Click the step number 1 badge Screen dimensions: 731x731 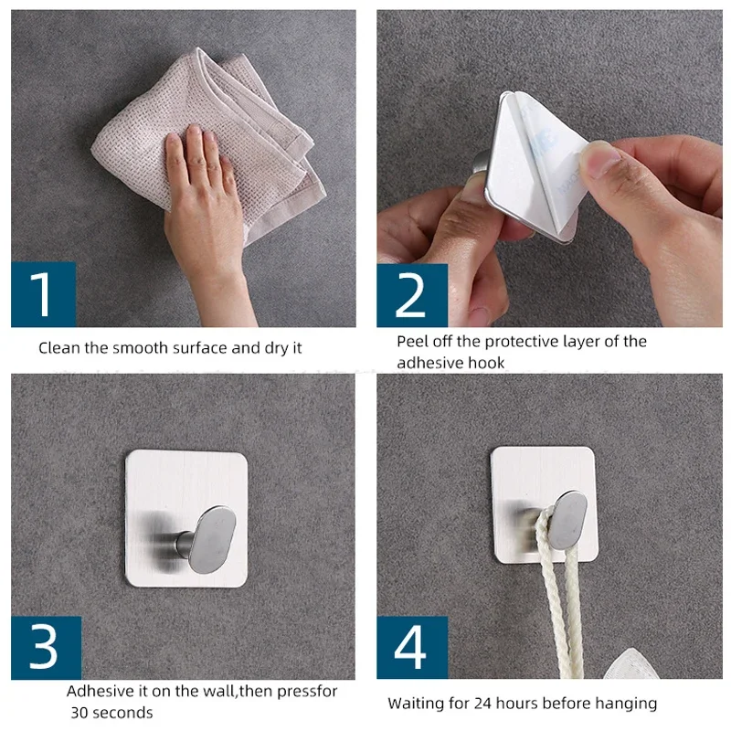pyautogui.click(x=43, y=294)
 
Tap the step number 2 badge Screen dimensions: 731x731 pyautogui.click(x=412, y=295)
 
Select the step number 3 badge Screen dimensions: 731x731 pyautogui.click(x=47, y=648)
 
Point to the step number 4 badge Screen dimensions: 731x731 pyautogui.click(x=412, y=647)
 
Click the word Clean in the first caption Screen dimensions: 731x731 pyautogui.click(x=59, y=348)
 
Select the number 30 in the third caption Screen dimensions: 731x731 pyautogui.click(x=79, y=713)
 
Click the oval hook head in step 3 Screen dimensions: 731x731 pyautogui.click(x=212, y=540)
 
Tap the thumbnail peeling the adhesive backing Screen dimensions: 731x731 pyautogui.click(x=599, y=160)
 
